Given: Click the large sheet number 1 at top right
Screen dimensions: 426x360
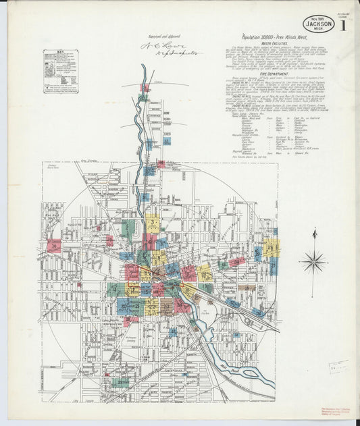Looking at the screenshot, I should [344, 27].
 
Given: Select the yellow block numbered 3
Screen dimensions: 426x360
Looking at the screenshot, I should [153, 223].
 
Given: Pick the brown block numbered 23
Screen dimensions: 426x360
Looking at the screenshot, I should [166, 307].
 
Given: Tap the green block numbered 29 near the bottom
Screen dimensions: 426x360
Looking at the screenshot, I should [122, 383].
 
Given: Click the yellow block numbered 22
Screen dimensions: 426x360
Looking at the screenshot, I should [151, 307].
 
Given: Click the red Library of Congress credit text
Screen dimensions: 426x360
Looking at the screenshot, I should [342, 412].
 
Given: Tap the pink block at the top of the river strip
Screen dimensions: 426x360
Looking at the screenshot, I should [145, 88].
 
